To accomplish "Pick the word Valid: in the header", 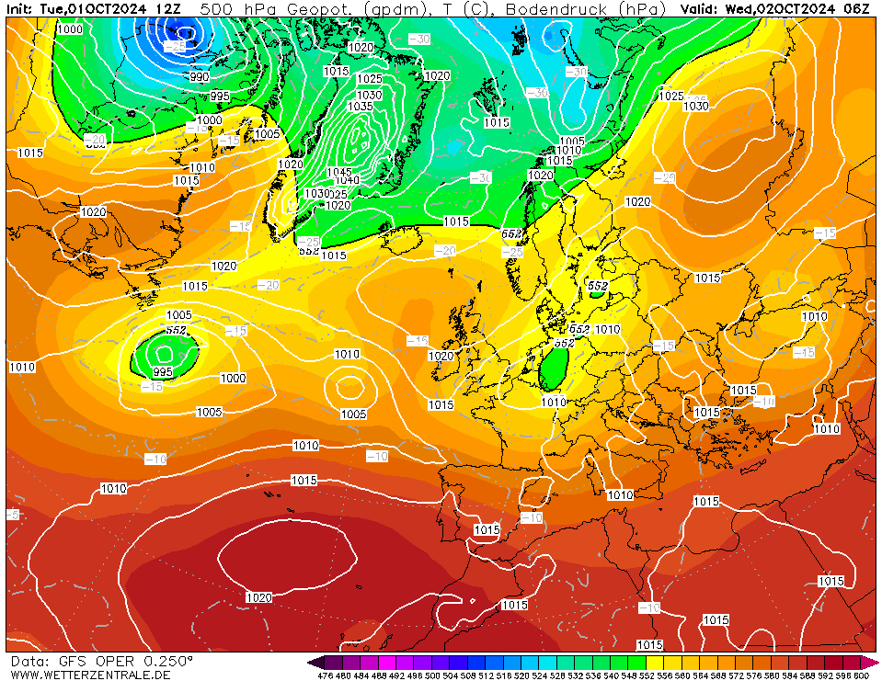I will click(x=700, y=8).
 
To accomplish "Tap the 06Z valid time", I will click(x=856, y=8).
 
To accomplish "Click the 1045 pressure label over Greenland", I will click(x=339, y=172).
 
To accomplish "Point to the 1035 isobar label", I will click(x=361, y=107).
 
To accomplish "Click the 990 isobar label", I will click(x=199, y=77).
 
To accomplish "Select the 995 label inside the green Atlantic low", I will click(x=162, y=371).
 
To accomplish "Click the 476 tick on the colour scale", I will click(x=325, y=675).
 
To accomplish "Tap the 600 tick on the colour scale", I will click(x=861, y=675).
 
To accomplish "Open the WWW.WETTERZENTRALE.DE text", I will click(x=90, y=675).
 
